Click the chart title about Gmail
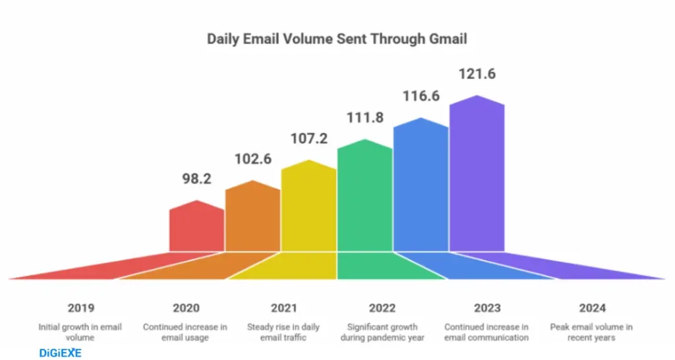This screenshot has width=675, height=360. [337, 39]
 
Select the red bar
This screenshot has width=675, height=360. [196, 227]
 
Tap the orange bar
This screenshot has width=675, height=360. [252, 218]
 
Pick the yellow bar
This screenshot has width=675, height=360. [308, 208]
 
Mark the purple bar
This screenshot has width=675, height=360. [477, 175]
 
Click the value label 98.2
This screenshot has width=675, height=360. [196, 179]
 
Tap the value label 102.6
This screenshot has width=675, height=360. [253, 159]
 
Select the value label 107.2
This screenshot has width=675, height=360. [309, 138]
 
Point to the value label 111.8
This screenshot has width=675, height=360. [365, 118]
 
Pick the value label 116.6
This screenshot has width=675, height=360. [421, 97]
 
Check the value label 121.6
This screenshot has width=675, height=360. [477, 75]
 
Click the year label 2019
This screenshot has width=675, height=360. [80, 308]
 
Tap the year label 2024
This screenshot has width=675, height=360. [591, 308]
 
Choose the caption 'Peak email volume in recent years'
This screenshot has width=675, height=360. [591, 332]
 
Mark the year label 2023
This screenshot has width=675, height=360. [486, 308]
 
